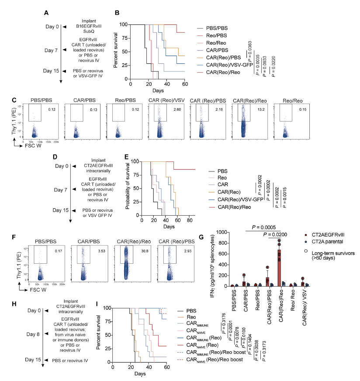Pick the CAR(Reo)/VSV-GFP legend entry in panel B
pyautogui.click(x=223, y=64)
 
